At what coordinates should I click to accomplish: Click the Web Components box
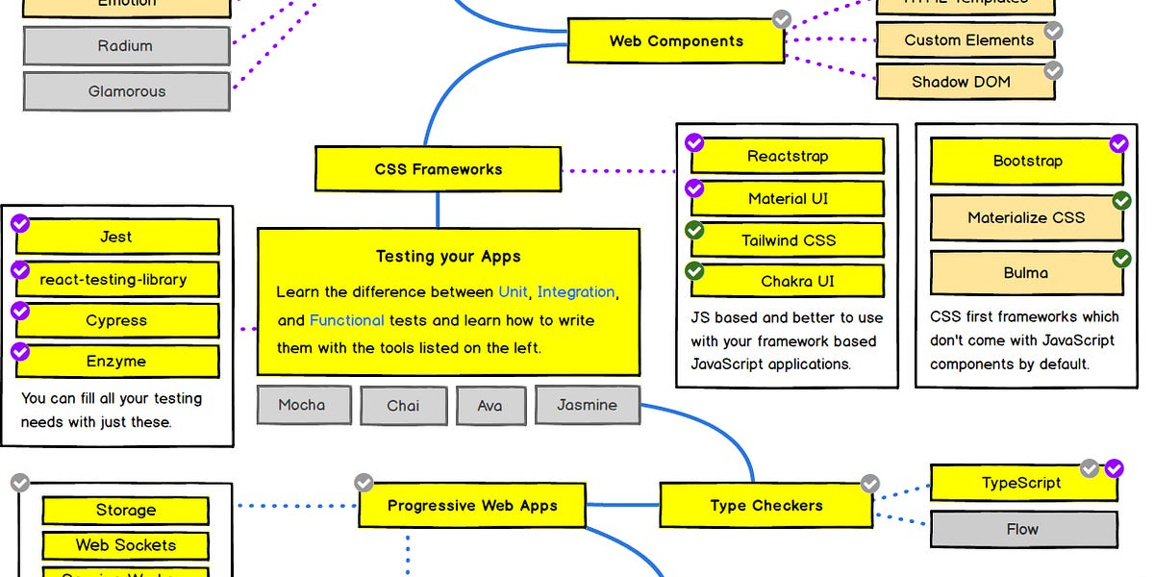[x=676, y=41]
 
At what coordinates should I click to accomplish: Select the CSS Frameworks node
[x=438, y=169]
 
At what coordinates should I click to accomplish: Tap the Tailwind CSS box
[x=788, y=240]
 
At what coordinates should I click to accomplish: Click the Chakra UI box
[x=788, y=282]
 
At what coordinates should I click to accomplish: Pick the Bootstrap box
[x=1026, y=162]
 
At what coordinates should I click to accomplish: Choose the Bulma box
[x=1026, y=273]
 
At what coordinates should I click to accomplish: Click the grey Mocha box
[x=301, y=405]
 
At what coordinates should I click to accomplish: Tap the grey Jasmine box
[x=587, y=405]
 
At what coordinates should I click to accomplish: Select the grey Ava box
[x=489, y=405]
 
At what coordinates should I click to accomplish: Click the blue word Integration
[x=576, y=291]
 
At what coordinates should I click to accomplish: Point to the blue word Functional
[x=346, y=320]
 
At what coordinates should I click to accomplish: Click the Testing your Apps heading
[x=448, y=256]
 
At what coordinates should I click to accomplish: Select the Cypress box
[x=116, y=320]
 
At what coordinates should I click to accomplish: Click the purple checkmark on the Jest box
[x=20, y=224]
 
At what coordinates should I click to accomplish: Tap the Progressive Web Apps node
[x=471, y=505]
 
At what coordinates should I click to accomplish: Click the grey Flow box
[x=1022, y=529]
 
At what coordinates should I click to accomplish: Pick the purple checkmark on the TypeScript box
[x=1115, y=468]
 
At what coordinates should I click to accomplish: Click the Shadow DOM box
[x=962, y=82]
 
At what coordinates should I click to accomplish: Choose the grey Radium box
[x=125, y=45]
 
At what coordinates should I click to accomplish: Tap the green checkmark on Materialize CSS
[x=1121, y=201]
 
